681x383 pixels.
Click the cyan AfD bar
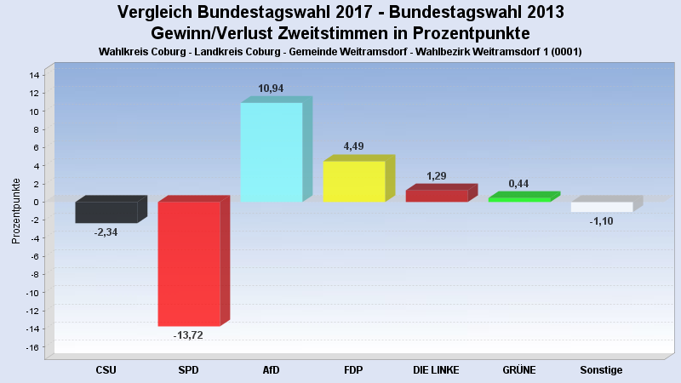pos(272,151)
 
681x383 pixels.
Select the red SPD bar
pos(189,263)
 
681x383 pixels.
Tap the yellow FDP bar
pos(354,181)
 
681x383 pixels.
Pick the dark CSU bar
pos(106,212)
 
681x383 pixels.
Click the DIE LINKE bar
pos(437,196)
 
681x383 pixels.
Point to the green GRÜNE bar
pos(519,199)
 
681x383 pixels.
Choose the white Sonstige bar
pos(602,207)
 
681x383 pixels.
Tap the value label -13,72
pos(188,335)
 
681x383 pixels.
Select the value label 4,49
pos(354,146)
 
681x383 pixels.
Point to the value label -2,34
pos(106,232)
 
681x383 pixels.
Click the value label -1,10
pos(601,221)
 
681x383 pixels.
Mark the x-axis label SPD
pos(188,370)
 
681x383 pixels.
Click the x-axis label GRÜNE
pos(519,370)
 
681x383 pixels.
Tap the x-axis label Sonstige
pos(601,370)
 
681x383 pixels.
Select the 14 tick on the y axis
pos(34,75)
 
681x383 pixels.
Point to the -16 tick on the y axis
pos(32,347)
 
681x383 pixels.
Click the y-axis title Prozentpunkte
pos(15,210)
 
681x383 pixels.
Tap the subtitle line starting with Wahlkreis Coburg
pos(340,51)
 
